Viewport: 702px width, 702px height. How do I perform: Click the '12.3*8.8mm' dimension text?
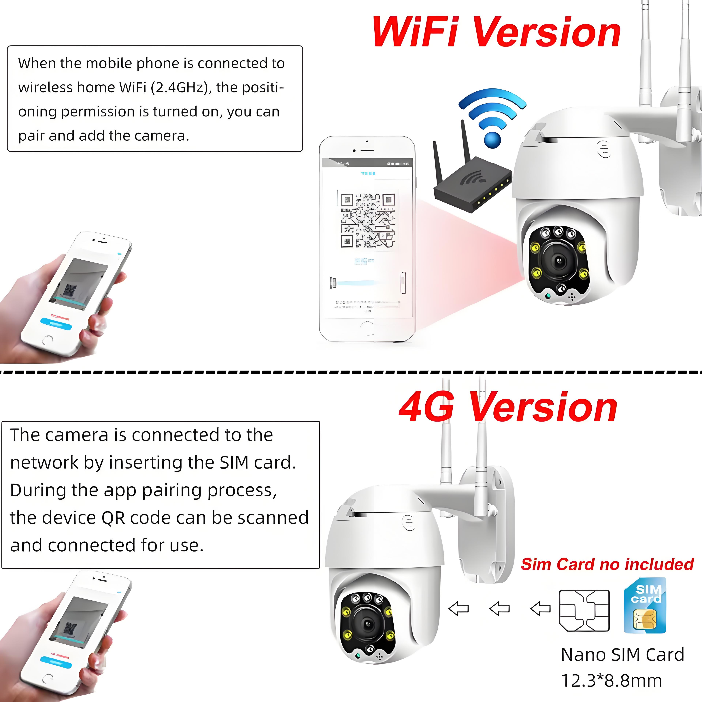[612, 681]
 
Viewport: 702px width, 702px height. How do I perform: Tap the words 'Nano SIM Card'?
[622, 655]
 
